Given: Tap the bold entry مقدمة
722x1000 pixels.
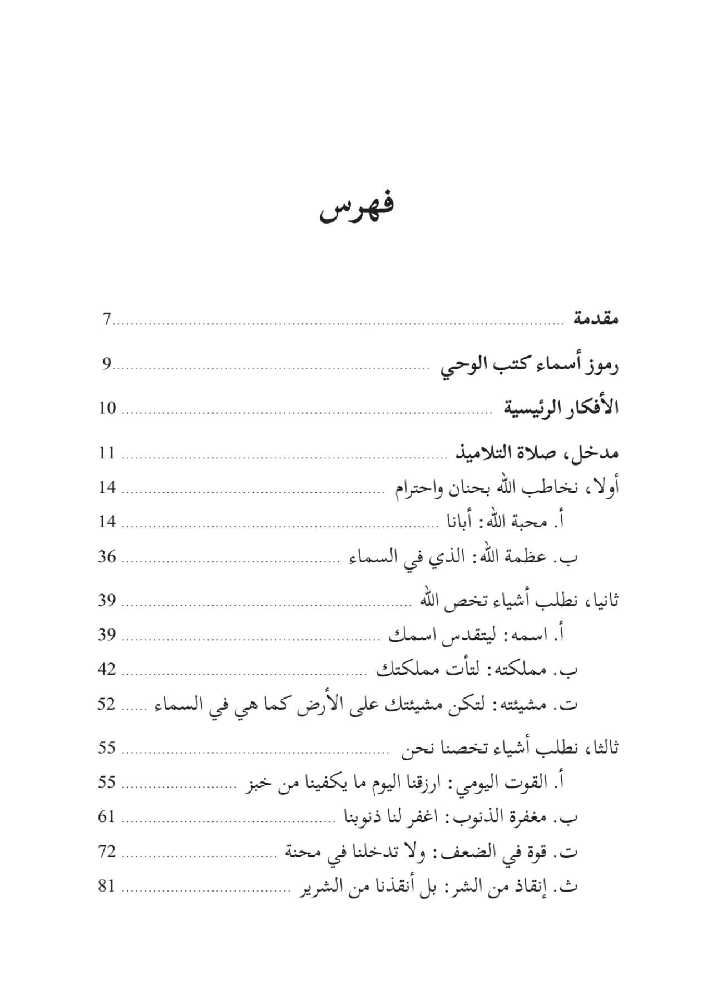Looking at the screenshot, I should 596,320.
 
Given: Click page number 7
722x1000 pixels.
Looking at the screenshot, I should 107,320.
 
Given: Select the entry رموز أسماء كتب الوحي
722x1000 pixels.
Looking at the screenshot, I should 530,366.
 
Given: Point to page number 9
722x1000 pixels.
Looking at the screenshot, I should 107,365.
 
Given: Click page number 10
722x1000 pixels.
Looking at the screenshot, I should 107,408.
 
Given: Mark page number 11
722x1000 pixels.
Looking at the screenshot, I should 107,453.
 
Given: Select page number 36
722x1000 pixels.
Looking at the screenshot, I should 107,556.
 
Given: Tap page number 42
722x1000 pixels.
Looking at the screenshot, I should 107,669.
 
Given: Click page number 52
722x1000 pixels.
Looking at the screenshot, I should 107,704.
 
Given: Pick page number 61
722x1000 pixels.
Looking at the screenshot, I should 107,816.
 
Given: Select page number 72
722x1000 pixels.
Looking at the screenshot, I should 107,851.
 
